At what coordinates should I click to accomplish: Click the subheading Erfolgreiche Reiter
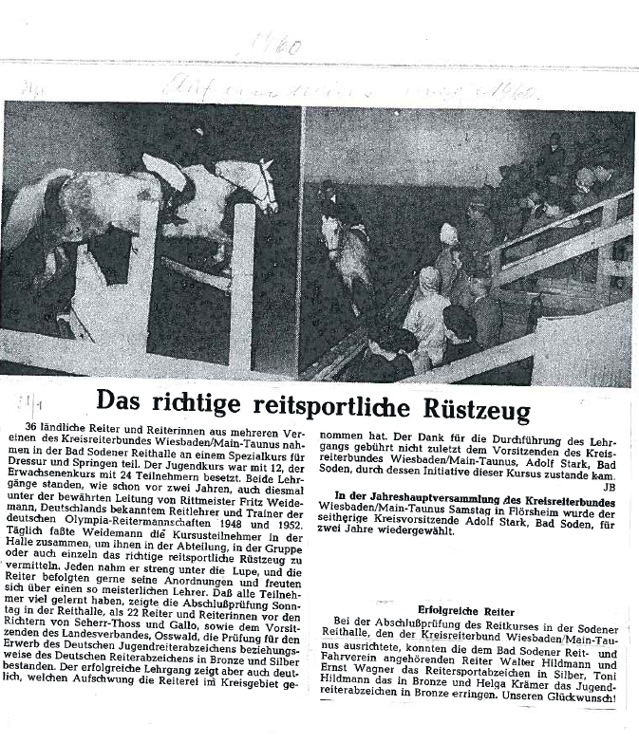point(466,612)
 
